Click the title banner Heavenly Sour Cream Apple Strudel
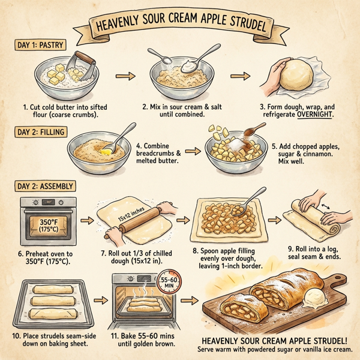point(180,25)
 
